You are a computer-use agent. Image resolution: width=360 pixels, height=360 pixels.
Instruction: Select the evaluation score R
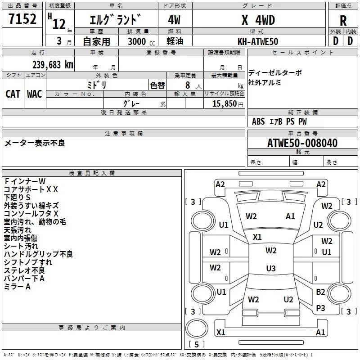click(x=343, y=20)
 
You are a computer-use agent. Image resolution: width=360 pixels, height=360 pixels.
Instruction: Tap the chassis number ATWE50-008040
click(x=302, y=143)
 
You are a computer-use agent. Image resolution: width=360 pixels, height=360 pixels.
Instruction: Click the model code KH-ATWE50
click(x=258, y=41)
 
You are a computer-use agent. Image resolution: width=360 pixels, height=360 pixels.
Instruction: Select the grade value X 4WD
click(x=258, y=20)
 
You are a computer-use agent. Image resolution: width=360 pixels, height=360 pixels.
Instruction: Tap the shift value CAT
click(x=13, y=94)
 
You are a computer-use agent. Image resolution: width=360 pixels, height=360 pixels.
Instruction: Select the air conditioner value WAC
click(x=35, y=94)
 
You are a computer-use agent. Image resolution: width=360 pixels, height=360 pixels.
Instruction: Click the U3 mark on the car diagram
click(x=270, y=269)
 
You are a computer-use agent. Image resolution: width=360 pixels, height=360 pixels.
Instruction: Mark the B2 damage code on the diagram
click(x=320, y=292)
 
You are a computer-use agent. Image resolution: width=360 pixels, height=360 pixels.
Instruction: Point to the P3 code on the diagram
click(x=320, y=308)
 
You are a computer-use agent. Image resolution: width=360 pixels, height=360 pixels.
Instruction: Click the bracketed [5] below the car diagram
click(x=197, y=344)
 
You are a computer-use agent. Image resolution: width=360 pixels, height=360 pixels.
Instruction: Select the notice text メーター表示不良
click(x=35, y=143)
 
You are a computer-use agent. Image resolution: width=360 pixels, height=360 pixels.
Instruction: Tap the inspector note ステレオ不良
click(x=24, y=270)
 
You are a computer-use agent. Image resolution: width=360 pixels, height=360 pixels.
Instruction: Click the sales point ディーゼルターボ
click(x=275, y=72)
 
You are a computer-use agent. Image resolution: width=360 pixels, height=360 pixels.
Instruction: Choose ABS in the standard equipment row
click(x=258, y=121)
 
